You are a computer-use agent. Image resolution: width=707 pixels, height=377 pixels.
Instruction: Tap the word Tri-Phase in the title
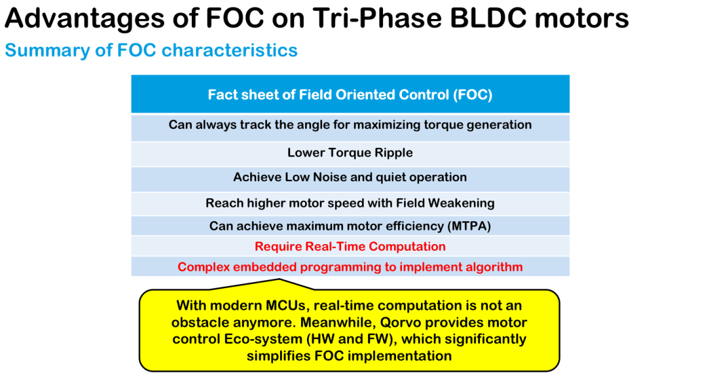(x=378, y=18)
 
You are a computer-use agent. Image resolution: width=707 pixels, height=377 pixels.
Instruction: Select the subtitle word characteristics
(x=230, y=50)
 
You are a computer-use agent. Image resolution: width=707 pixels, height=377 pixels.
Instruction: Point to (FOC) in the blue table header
(x=473, y=95)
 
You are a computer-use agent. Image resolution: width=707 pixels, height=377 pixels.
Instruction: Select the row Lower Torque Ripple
(x=350, y=153)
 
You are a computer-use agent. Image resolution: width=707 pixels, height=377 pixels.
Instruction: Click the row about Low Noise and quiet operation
(x=350, y=177)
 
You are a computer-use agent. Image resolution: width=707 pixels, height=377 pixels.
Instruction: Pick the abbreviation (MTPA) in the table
(x=469, y=226)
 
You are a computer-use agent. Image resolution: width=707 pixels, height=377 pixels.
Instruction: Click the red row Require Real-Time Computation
(x=350, y=247)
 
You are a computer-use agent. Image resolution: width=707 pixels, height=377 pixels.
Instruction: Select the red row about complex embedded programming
(x=350, y=267)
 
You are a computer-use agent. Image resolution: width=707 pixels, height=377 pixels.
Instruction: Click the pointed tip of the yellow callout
(x=280, y=279)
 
